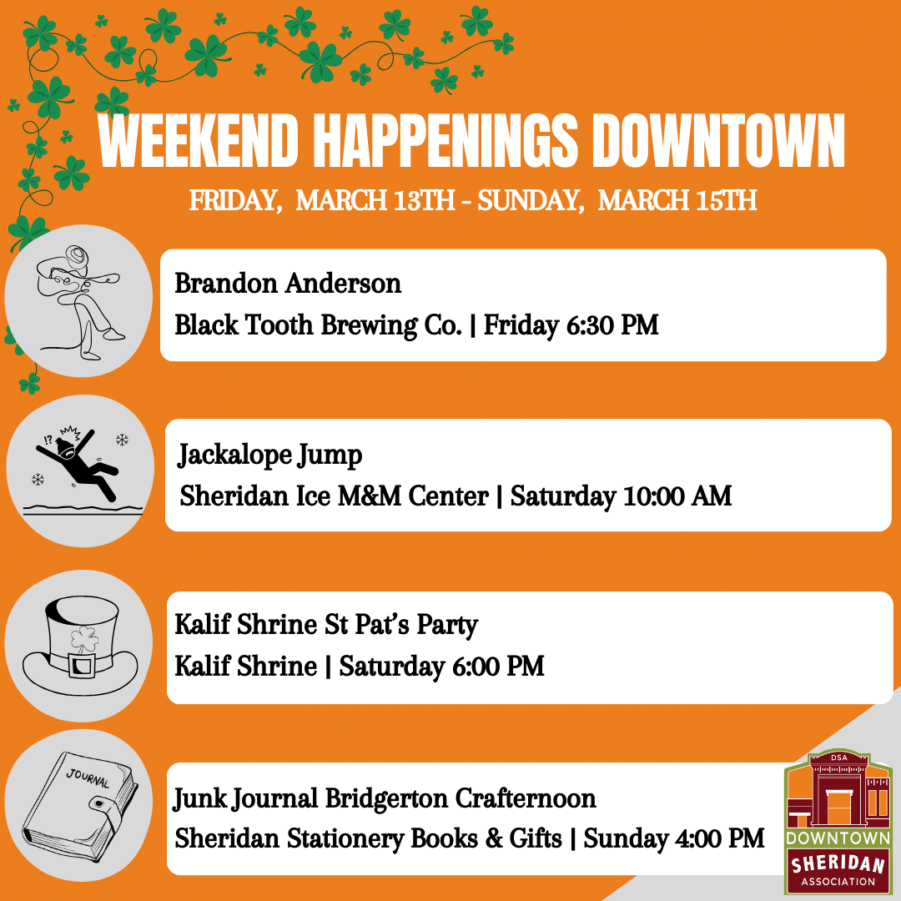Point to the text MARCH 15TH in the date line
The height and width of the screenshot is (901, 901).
tap(677, 201)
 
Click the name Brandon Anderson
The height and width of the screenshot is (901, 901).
tap(288, 284)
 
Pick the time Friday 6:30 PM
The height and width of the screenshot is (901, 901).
tap(571, 325)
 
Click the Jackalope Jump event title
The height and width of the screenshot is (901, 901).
tap(269, 456)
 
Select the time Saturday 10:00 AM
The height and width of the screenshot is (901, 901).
tap(621, 497)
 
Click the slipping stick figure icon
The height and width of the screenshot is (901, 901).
tap(79, 471)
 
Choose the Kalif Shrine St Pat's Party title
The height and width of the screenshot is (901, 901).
tap(326, 625)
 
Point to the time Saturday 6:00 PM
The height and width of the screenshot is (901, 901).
tap(442, 667)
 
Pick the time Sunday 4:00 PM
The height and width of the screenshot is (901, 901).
tap(674, 838)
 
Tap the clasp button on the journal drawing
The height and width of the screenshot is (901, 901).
tap(100, 805)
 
